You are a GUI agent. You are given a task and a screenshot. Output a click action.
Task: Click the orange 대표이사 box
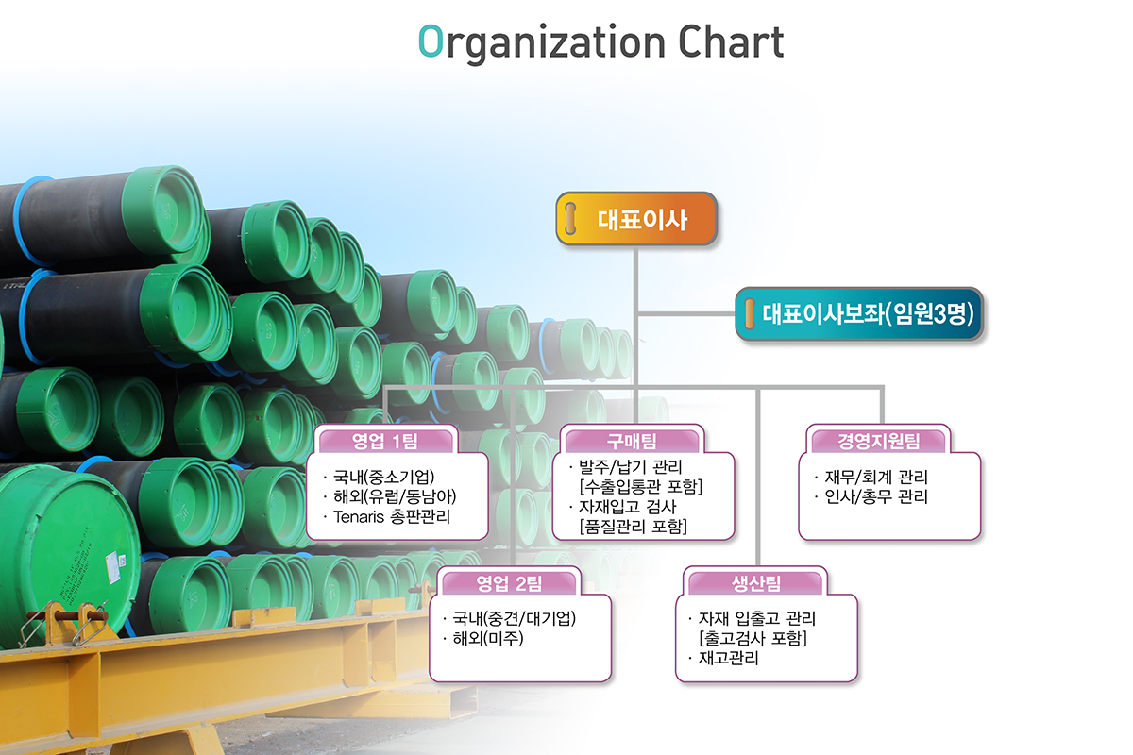click(637, 219)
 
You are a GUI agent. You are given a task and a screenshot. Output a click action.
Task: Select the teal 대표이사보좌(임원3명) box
click(859, 313)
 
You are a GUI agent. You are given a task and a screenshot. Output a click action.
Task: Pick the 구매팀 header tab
click(632, 441)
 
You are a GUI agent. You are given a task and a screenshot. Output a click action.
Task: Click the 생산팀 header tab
click(755, 582)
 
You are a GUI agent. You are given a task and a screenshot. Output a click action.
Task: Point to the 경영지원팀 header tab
click(878, 441)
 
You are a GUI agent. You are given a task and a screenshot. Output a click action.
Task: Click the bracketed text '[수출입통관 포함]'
click(641, 487)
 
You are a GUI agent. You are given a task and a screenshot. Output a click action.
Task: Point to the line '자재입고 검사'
click(628, 507)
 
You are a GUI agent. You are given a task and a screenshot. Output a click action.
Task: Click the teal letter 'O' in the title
click(431, 42)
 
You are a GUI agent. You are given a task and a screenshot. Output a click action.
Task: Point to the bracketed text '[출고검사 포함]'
click(753, 639)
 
